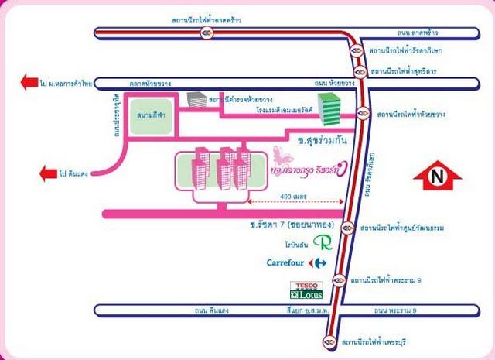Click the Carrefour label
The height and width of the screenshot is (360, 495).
288,262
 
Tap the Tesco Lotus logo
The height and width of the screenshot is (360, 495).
304,290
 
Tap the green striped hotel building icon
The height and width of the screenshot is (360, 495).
330,108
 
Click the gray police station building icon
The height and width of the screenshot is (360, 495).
198,101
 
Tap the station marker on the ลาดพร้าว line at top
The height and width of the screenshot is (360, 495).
207,33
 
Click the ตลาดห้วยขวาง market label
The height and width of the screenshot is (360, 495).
152,82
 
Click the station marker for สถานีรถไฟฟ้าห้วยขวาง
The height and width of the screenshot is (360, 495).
361,115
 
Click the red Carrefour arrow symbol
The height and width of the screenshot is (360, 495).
319,262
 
